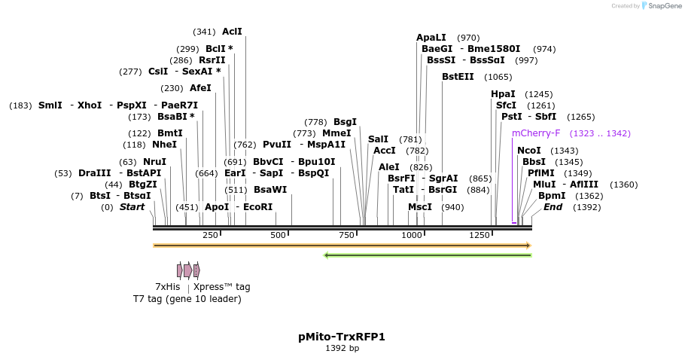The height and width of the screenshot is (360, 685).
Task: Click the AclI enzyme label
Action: pos(232,32)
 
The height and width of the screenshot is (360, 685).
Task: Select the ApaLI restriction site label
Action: pos(431,38)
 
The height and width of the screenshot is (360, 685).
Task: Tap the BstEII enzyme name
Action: pos(458,77)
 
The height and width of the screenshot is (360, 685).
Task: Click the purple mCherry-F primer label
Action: pos(536,133)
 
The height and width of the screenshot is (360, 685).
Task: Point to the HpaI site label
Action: pos(503,94)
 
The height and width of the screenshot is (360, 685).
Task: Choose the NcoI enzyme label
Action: pos(529,151)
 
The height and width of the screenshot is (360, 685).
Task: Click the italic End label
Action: pos(553,207)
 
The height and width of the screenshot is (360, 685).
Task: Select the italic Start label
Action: pos(132,207)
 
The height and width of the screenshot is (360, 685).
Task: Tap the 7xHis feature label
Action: pos(167,287)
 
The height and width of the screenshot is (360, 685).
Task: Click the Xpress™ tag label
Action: pos(221,287)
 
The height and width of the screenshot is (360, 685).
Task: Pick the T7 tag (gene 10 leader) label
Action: pos(187,299)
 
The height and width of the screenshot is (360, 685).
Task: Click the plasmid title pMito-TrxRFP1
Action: pos(342,337)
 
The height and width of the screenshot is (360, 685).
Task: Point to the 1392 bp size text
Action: pos(342,349)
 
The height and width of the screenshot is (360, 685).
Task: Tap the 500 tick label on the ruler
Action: pos(279,236)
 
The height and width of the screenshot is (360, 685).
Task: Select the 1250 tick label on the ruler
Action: pos(480,236)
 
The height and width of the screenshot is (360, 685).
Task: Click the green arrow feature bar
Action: pos(428,255)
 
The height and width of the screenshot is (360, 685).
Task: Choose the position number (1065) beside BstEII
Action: pos(498,77)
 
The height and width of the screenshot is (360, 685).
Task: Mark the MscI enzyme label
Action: pos(420,207)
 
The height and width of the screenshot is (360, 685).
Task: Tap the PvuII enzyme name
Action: pos(277,145)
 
